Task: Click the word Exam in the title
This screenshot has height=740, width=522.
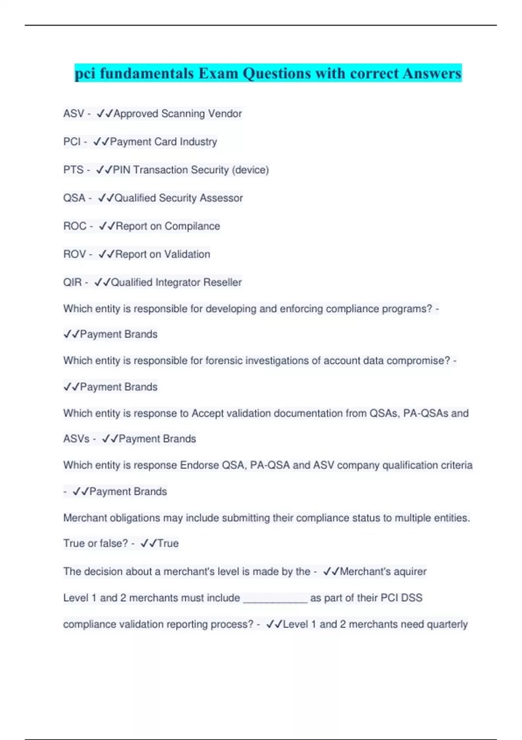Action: click(x=218, y=73)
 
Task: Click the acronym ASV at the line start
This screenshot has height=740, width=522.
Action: click(x=74, y=114)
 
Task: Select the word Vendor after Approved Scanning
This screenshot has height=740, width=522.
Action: click(x=224, y=114)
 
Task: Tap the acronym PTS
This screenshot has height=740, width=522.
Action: click(x=73, y=170)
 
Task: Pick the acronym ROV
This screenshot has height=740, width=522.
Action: click(x=74, y=254)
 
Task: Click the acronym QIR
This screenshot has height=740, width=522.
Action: click(x=72, y=283)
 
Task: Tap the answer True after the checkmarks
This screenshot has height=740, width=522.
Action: click(x=168, y=544)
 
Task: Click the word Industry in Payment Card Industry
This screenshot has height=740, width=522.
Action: click(x=198, y=142)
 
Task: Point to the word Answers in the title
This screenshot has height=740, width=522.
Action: click(x=432, y=73)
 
